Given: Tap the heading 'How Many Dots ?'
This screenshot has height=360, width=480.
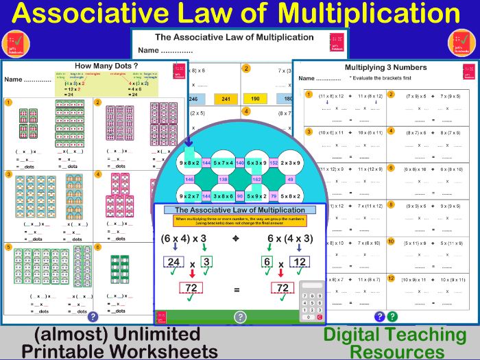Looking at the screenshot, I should pyautogui.click(x=96, y=66).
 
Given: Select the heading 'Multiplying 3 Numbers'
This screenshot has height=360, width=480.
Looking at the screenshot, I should pyautogui.click(x=385, y=67).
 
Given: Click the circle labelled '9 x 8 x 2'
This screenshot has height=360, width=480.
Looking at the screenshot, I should pyautogui.click(x=189, y=163).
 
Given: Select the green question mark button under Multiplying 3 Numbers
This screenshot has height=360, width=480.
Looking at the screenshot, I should pyautogui.click(x=392, y=316).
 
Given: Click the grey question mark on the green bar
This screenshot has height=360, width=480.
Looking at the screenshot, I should pyautogui.click(x=240, y=317).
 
